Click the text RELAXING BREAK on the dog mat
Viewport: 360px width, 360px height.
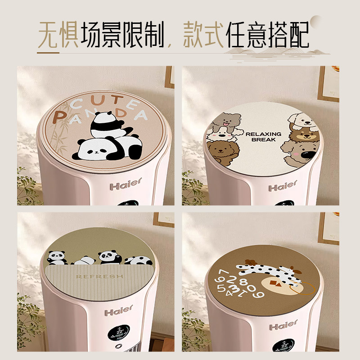(x=263, y=136)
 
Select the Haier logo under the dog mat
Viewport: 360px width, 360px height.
(x=283, y=186)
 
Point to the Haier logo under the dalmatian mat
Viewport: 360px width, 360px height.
(x=283, y=324)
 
